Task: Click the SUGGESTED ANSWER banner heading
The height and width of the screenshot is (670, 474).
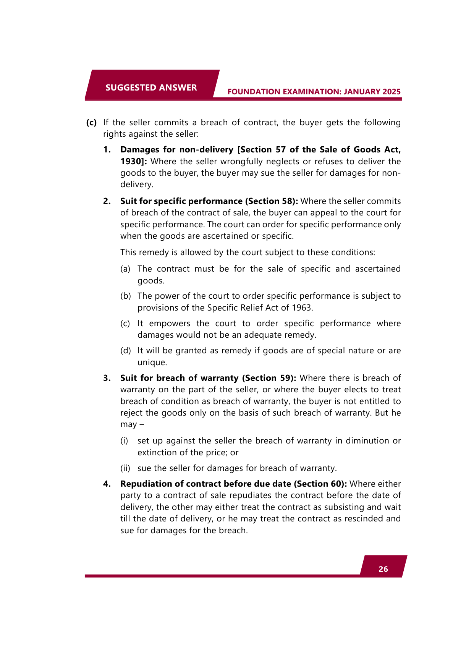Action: point(151,87)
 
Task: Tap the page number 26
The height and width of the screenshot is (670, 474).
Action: point(383,569)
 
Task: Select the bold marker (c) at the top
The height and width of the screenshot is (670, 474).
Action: point(91,123)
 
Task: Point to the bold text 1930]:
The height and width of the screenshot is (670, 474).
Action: point(134,161)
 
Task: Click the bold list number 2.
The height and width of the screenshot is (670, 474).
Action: point(107,201)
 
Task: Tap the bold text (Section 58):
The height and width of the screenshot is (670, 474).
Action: point(271,201)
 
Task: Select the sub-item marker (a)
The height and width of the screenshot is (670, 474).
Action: point(125,269)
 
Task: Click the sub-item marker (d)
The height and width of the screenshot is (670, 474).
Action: point(125,351)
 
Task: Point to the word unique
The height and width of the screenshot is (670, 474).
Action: point(152,363)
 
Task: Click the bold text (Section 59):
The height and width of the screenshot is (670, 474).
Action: point(269,378)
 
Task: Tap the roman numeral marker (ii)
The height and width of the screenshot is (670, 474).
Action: point(125,468)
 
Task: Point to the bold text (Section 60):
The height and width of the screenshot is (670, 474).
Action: point(320,484)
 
